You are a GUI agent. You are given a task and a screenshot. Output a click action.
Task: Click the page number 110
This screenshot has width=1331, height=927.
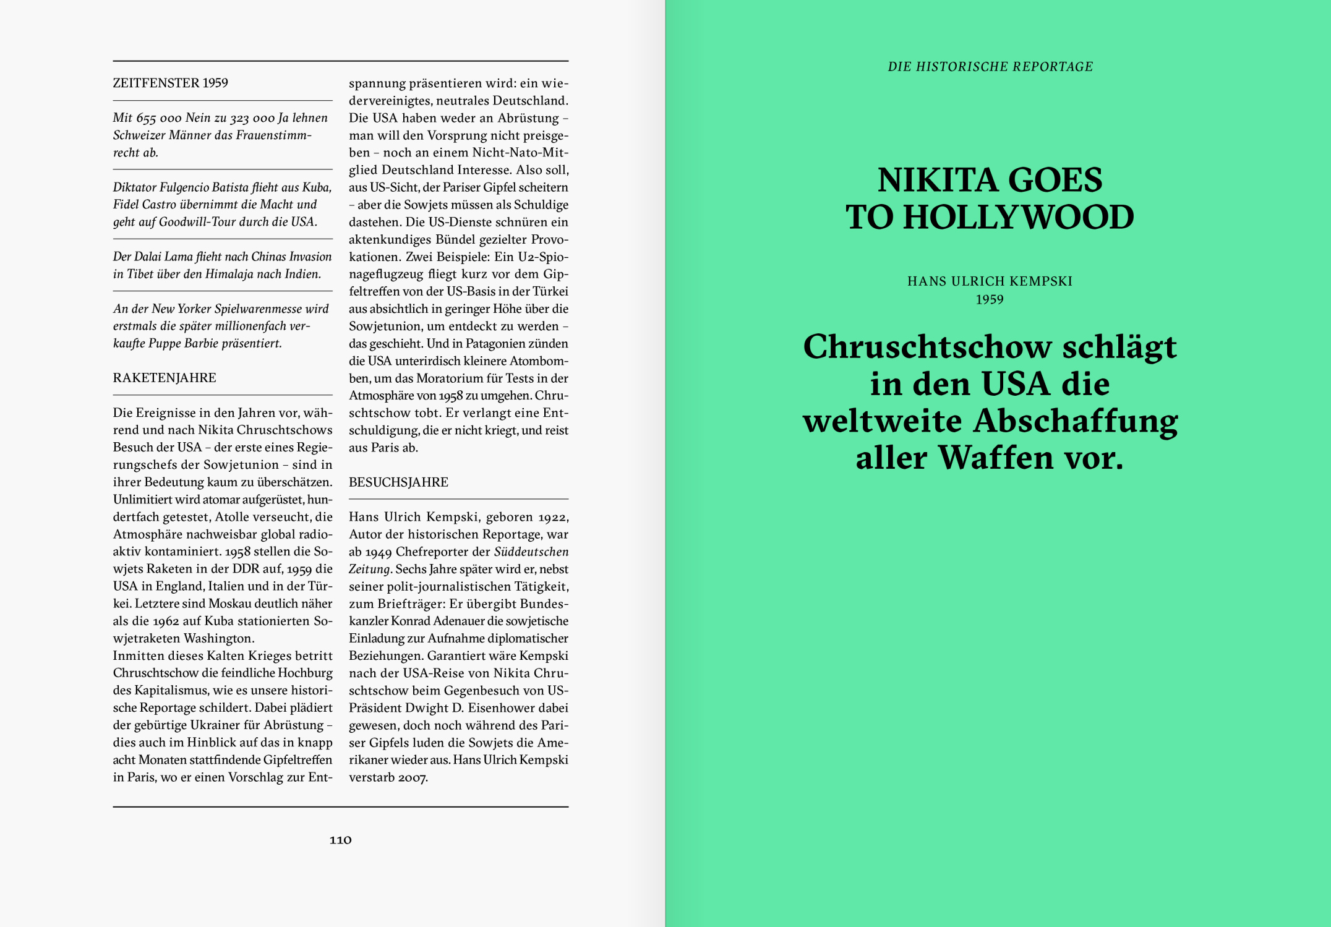340,839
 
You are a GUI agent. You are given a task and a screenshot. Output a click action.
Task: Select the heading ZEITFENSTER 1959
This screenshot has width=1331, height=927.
170,83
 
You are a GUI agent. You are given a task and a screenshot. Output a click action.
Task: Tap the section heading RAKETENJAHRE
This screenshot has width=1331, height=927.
165,377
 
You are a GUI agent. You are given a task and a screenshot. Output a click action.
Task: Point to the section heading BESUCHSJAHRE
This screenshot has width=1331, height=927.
398,482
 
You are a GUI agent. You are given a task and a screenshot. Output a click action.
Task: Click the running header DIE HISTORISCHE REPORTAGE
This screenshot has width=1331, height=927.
990,67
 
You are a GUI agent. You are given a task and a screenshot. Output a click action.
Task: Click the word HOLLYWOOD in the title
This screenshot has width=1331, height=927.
1018,217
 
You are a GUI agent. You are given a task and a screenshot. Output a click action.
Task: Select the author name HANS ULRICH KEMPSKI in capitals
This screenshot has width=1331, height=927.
990,281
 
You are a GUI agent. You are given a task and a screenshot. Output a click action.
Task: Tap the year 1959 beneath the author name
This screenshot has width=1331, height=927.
990,299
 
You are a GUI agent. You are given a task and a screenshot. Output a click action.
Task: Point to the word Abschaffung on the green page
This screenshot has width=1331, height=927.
1076,421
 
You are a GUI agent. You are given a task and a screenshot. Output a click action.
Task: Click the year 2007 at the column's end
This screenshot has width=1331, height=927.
412,777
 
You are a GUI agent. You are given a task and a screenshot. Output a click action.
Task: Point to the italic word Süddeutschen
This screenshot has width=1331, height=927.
531,551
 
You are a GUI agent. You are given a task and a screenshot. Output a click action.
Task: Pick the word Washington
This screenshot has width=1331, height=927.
218,638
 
